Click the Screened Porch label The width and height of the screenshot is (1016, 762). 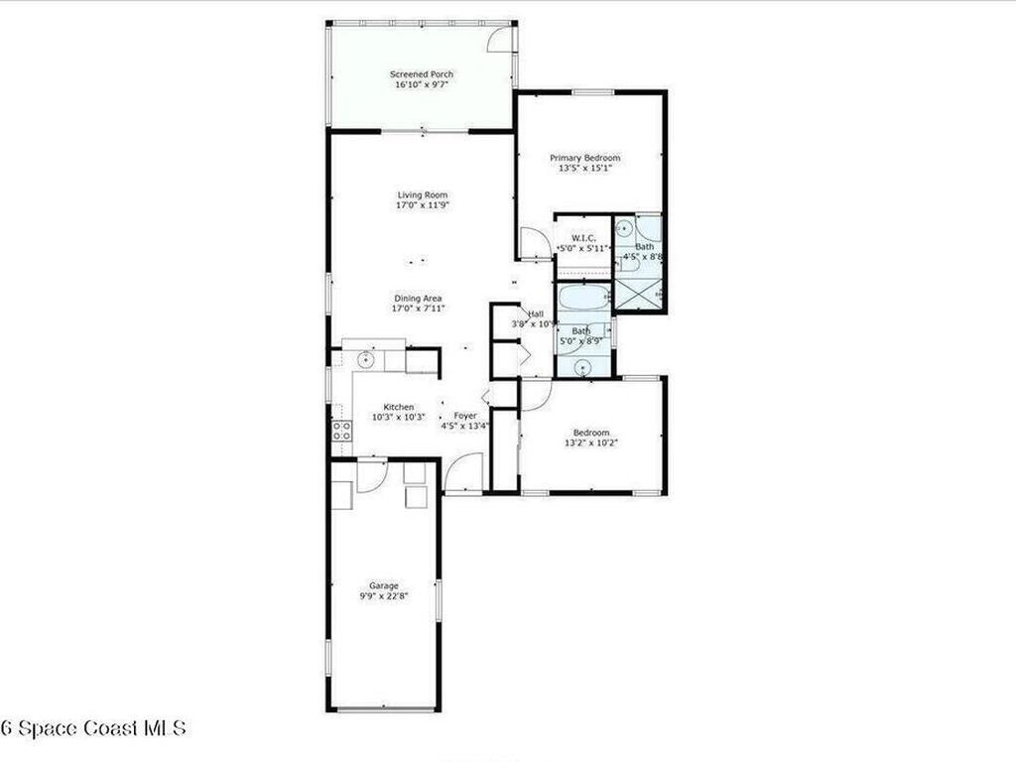click(422, 74)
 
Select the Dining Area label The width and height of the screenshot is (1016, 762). click(418, 298)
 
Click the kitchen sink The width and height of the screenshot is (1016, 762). click(365, 359)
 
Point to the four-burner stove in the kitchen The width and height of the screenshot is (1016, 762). click(341, 431)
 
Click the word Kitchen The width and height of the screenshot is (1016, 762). click(399, 407)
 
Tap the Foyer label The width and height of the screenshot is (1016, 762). click(465, 416)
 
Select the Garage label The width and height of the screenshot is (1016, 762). click(384, 585)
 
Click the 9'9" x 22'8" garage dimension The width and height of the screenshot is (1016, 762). click(384, 596)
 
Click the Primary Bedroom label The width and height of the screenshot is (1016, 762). click(585, 158)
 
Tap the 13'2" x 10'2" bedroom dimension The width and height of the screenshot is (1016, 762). click(591, 443)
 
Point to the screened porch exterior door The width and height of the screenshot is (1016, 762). click(505, 37)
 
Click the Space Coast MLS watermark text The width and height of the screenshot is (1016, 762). click(93, 728)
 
